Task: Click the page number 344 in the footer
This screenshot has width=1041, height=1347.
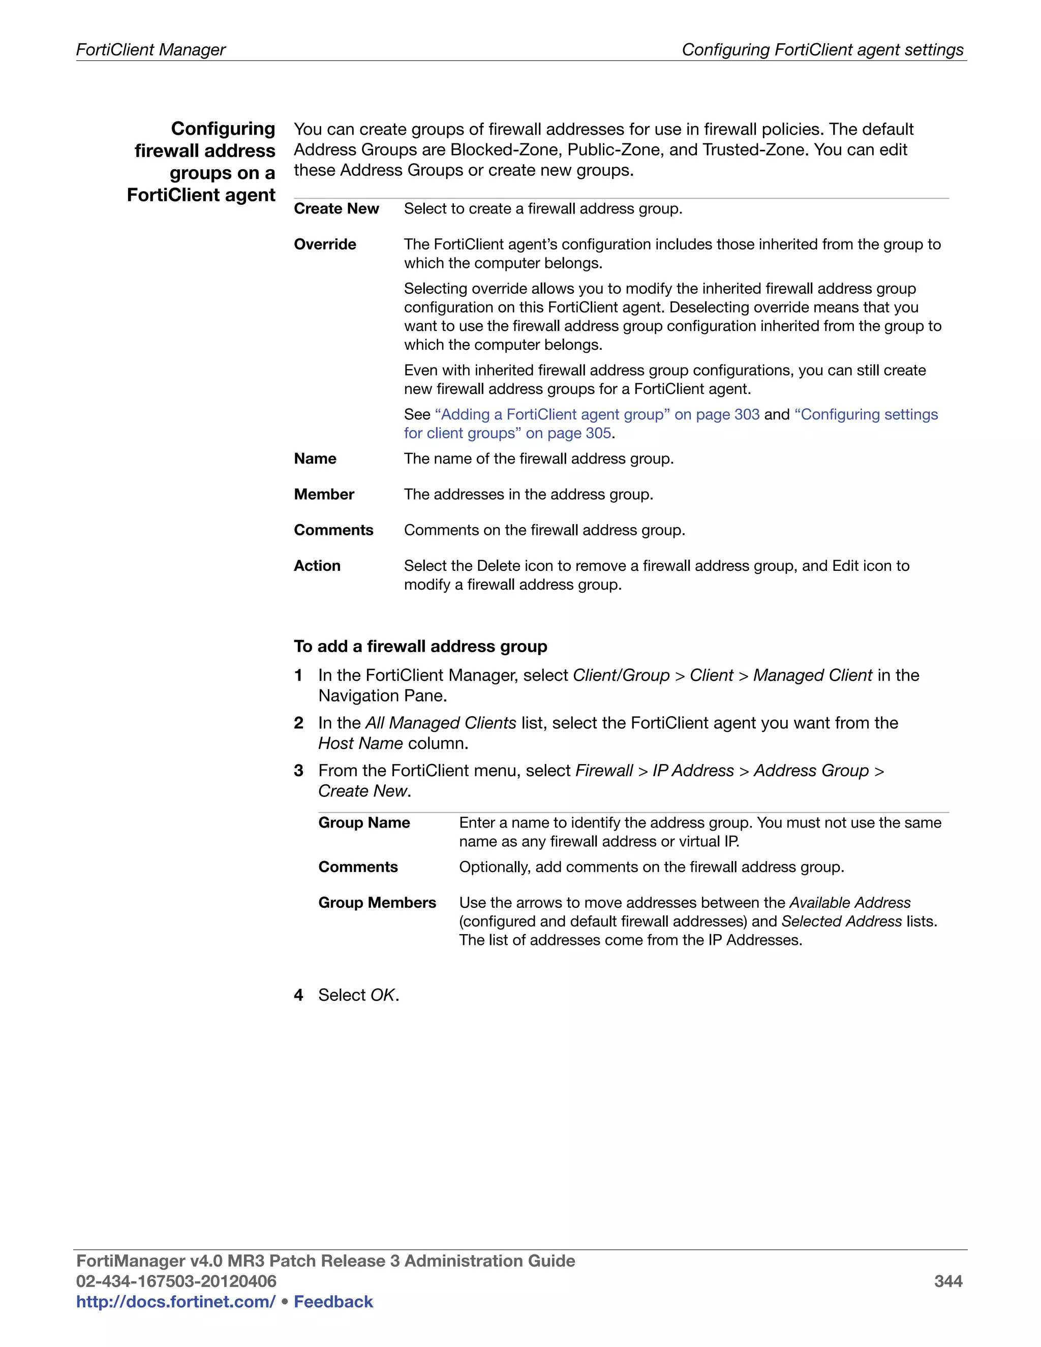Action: pyautogui.click(x=948, y=1281)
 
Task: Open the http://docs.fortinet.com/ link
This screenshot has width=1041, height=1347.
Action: pyautogui.click(x=175, y=1302)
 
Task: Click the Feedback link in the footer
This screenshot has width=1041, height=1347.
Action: pyautogui.click(x=333, y=1302)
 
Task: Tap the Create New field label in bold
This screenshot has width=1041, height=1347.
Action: pyautogui.click(x=336, y=208)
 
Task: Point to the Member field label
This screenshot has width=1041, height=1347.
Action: pyautogui.click(x=324, y=494)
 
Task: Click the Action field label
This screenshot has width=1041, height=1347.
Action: pyautogui.click(x=317, y=566)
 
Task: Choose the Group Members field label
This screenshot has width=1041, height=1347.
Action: pyautogui.click(x=377, y=902)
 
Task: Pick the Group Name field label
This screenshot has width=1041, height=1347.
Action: pyautogui.click(x=364, y=823)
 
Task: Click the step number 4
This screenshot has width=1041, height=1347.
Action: pyautogui.click(x=298, y=995)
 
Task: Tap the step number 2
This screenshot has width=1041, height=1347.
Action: pyautogui.click(x=298, y=723)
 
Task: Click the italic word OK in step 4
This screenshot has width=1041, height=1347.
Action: pyautogui.click(x=382, y=995)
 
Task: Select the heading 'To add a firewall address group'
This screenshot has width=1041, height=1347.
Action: pyautogui.click(x=420, y=647)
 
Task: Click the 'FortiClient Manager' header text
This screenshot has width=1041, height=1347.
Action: pyautogui.click(x=151, y=49)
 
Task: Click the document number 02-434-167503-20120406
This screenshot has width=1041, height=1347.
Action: pyautogui.click(x=176, y=1281)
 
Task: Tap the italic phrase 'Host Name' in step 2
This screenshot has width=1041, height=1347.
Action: pyautogui.click(x=360, y=743)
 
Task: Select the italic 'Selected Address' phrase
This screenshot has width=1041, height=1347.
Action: pyautogui.click(x=841, y=922)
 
